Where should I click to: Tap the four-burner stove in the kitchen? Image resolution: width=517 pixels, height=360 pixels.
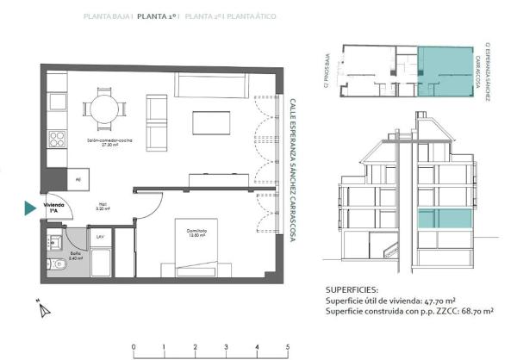pos(57,139)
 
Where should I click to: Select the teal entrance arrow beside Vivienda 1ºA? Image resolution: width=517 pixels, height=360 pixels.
pos(30,208)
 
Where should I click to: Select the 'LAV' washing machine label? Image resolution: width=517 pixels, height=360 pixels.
pos(100,235)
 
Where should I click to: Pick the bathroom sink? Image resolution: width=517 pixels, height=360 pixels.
pos(53,240)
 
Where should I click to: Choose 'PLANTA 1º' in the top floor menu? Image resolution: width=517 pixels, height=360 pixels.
pos(158,16)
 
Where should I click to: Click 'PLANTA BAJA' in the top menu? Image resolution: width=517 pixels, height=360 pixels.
pos(107,16)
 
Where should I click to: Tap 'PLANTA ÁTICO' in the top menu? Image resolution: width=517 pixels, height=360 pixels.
pos(251,16)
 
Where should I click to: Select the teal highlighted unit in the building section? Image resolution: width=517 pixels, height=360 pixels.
pos(446,219)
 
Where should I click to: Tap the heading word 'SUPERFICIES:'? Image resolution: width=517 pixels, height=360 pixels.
pos(352,289)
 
